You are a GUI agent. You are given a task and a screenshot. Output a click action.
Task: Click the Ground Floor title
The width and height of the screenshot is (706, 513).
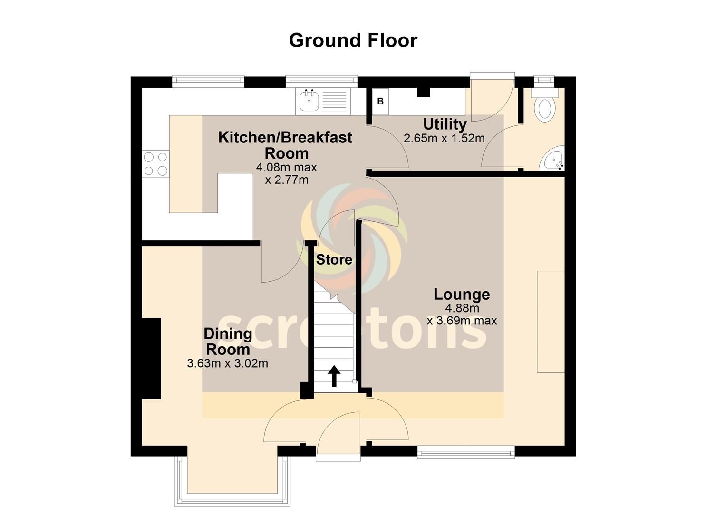tap(353, 41)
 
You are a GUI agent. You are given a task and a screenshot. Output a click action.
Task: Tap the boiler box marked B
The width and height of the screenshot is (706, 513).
tap(380, 101)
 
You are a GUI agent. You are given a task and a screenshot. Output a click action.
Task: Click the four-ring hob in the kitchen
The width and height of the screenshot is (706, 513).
tap(155, 164)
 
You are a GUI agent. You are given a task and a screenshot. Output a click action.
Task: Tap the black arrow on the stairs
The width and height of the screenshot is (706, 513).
tap(334, 376)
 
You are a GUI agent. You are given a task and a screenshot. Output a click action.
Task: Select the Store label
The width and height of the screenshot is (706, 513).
tap(334, 259)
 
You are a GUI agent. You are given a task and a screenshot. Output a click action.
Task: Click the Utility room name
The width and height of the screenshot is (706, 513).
tap(445, 124)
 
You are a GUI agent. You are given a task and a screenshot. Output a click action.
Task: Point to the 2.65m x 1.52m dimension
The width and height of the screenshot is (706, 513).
tap(444, 138)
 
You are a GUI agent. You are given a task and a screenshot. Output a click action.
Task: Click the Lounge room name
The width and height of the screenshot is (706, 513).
tap(462, 294)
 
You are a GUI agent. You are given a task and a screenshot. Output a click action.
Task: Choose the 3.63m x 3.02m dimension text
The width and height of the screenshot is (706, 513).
tap(228, 363)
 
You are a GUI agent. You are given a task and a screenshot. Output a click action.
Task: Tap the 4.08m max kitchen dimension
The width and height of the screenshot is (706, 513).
tap(286, 167)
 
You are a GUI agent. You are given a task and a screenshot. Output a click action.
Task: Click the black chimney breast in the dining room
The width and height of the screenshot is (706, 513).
tap(152, 359)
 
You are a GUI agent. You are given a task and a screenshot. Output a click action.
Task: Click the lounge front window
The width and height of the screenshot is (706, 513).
tap(466, 452)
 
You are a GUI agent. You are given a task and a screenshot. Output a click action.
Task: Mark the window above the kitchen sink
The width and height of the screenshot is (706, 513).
tap(321, 81)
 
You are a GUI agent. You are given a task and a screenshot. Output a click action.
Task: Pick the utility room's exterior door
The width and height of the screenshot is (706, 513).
tap(492, 96)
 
